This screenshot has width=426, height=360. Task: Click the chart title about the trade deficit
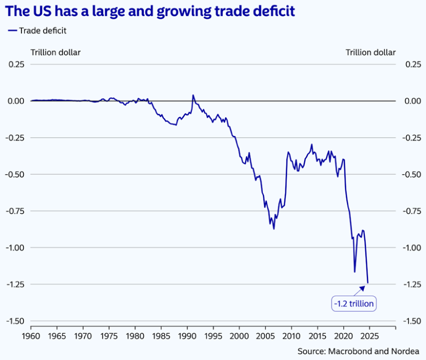155,11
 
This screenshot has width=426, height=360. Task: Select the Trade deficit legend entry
37,30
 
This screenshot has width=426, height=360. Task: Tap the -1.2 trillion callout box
353,303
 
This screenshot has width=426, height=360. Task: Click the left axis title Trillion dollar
55,52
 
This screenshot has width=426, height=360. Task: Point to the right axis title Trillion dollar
371,52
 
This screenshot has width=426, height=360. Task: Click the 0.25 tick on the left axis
16,64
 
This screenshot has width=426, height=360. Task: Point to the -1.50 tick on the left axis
15,321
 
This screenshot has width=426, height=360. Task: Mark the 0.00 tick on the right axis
410,101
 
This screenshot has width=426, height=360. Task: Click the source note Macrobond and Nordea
358,351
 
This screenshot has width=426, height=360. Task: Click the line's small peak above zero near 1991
193,95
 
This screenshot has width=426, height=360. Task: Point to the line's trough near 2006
273,229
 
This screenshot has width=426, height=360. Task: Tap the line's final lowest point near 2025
368,283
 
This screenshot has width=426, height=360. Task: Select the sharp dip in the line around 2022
354,272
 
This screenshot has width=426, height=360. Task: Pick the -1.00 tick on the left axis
15,248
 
